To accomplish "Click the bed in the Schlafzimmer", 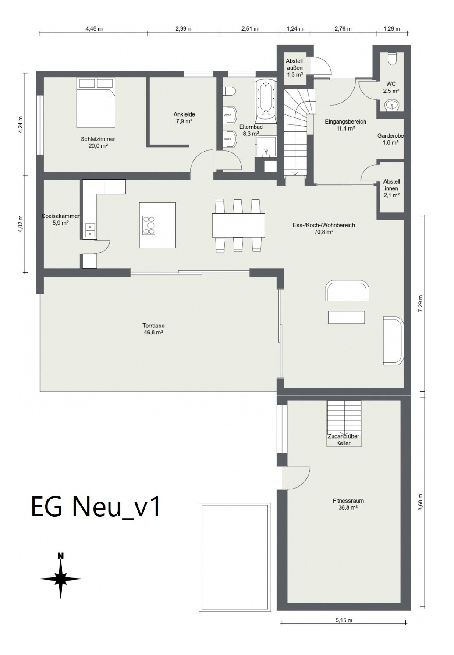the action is point(96,103).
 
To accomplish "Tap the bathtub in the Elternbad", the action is point(266,100).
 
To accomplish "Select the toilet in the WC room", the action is point(392,58).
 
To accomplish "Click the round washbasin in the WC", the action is point(392,105).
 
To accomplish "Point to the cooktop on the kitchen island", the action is point(149,225).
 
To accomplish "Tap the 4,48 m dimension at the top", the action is point(94,28).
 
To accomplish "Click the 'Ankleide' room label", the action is point(184,114).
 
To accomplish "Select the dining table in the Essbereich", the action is point(238,226).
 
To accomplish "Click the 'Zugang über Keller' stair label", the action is point(344,440).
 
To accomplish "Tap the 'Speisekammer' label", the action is point(60,216).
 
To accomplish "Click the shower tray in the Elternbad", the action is point(266,147).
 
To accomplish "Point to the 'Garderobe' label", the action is point(390,136).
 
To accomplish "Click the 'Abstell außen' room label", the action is point(294,64).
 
